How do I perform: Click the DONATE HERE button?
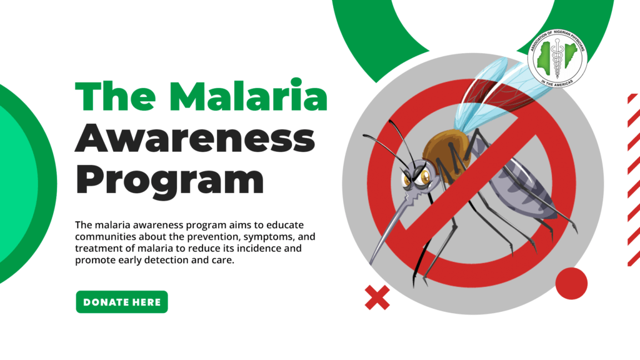[122, 302]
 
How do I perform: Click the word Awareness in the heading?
[194, 137]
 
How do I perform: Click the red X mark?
[377, 297]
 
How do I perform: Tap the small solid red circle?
[571, 283]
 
